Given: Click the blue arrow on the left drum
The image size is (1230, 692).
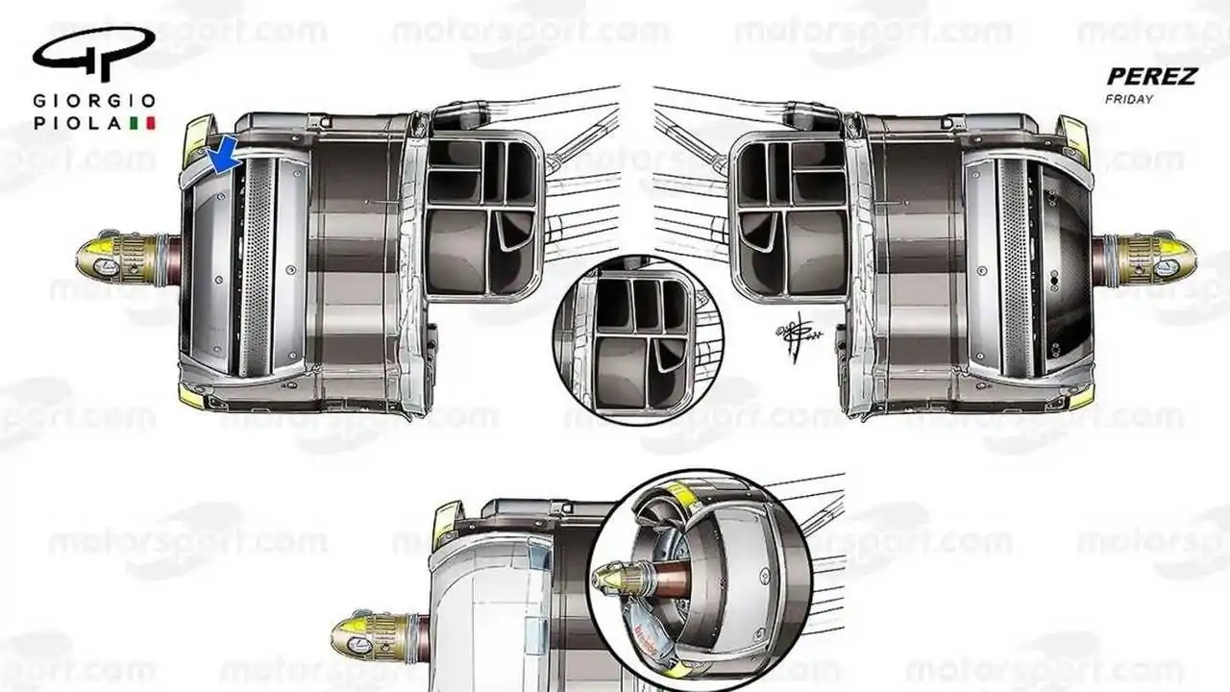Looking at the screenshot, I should pyautogui.click(x=224, y=155).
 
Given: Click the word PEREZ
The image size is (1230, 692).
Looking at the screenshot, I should pyautogui.click(x=1151, y=76).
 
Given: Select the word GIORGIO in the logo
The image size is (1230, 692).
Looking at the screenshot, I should pyautogui.click(x=94, y=101).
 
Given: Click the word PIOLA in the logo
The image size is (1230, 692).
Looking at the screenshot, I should pyautogui.click(x=77, y=123).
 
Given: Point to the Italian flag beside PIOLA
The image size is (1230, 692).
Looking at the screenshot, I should pyautogui.click(x=149, y=123).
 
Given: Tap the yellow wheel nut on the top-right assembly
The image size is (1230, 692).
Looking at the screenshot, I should pyautogui.click(x=1167, y=259).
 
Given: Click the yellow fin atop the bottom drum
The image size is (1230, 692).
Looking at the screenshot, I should pyautogui.click(x=446, y=523).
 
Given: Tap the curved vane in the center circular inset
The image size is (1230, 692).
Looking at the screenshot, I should pyautogui.click(x=667, y=357).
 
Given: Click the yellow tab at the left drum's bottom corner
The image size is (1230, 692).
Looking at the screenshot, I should pyautogui.click(x=190, y=396).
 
